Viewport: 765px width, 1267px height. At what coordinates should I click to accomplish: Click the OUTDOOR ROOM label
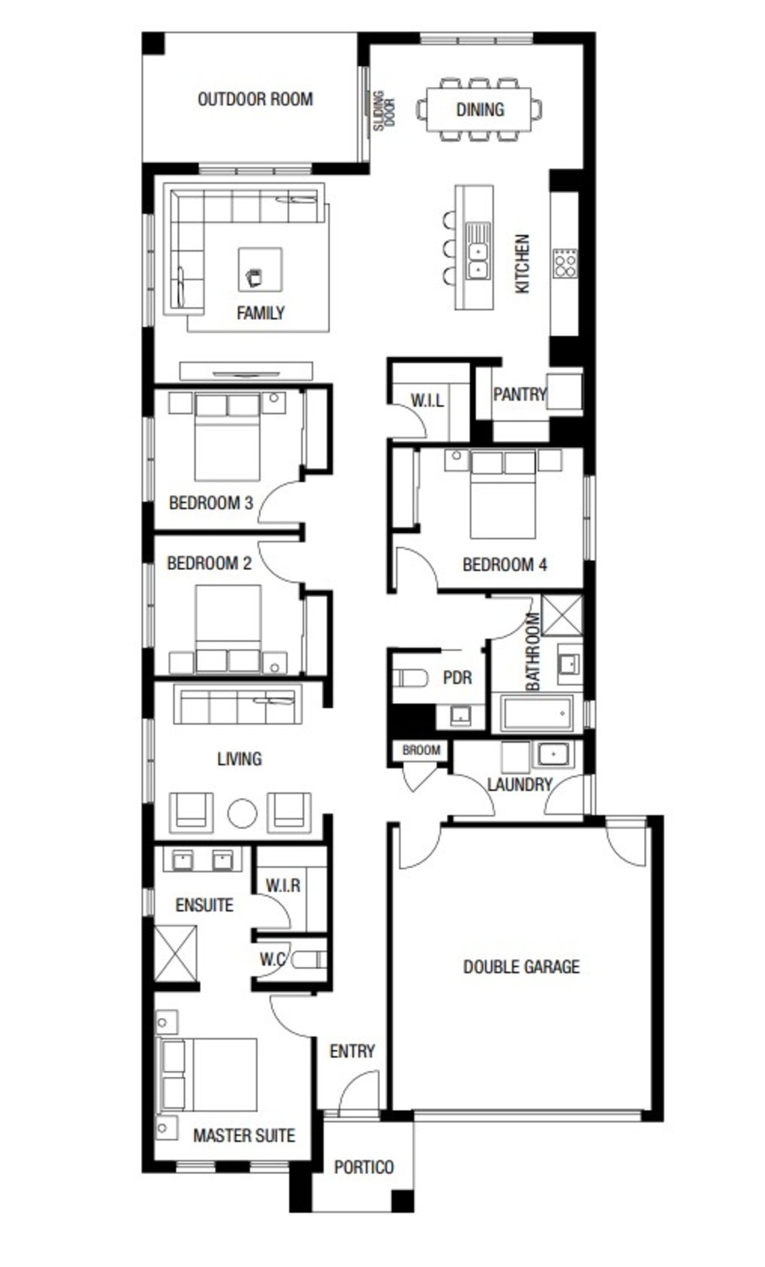tap(255, 100)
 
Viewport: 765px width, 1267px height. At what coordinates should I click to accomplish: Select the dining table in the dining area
tap(480, 109)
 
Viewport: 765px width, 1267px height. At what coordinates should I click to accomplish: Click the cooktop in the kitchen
tap(565, 263)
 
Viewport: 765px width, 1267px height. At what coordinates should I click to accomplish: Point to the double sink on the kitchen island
tap(478, 251)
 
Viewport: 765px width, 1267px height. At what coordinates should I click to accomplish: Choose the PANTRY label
tap(519, 394)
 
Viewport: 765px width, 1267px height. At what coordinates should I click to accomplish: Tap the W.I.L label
tap(427, 400)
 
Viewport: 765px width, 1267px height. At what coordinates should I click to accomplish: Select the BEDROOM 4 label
tap(504, 564)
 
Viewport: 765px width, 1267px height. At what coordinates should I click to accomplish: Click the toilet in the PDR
tap(412, 677)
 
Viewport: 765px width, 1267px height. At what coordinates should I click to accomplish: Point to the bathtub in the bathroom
tap(536, 714)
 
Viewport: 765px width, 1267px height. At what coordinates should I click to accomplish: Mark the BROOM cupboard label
tap(420, 750)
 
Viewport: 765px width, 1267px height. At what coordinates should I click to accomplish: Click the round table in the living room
tap(242, 813)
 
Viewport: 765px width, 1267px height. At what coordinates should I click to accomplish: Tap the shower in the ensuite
tap(176, 954)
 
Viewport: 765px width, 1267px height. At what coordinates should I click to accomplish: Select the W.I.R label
tap(282, 885)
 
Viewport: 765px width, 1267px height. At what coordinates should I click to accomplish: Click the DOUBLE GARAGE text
tap(521, 966)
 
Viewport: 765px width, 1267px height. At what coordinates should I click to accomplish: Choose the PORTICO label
tap(363, 1166)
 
